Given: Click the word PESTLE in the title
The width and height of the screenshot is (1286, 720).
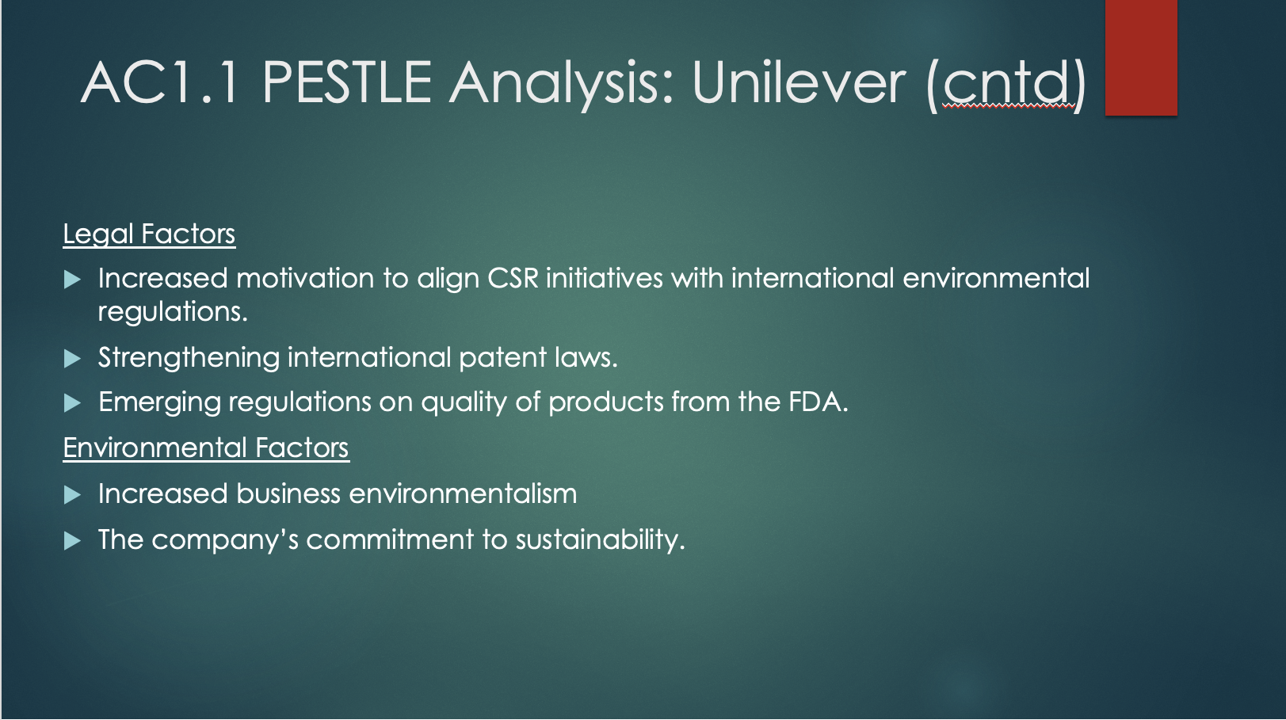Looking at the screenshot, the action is pos(347,82).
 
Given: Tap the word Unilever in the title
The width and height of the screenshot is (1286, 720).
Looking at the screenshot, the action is pos(799,82).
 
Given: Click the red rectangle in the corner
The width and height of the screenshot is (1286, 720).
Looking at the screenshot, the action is pos(1141,57).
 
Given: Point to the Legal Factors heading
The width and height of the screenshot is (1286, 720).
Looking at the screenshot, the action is pos(149,234).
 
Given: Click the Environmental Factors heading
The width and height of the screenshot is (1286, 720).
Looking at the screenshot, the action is pos(206,448).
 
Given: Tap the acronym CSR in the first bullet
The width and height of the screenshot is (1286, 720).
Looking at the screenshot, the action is pos(513,278).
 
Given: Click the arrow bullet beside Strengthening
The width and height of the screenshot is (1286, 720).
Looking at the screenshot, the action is pos(72,359).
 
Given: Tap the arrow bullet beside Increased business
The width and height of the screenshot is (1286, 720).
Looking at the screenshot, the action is pos(72,495).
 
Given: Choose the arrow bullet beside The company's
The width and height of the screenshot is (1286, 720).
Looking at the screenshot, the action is pos(72,541).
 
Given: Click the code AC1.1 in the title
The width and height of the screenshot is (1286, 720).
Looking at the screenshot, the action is pos(159,82).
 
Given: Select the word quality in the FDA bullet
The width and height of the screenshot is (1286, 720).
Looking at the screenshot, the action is pos(464,403).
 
